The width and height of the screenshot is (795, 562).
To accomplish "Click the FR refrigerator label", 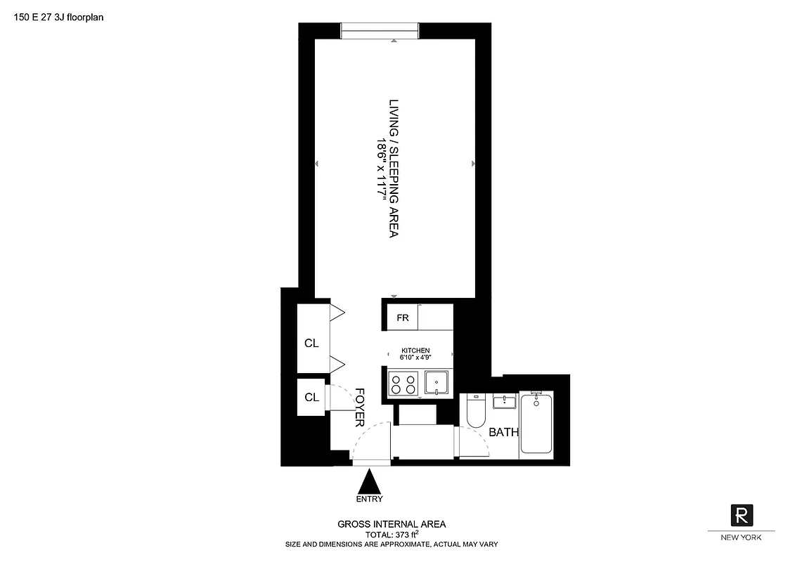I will (x=403, y=318).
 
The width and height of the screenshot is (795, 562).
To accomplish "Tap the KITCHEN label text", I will (x=415, y=350).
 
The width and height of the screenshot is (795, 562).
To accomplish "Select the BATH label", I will (x=503, y=432).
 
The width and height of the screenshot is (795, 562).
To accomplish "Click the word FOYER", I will (x=359, y=407).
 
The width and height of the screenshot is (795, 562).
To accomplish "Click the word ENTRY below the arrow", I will (x=370, y=499).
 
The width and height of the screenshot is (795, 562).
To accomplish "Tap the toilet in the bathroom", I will (x=475, y=410).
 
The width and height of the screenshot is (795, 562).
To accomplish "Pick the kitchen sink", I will (x=439, y=384).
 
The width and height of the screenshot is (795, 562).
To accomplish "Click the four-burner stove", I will (x=403, y=384).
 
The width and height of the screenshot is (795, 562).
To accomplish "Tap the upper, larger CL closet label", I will (x=311, y=344).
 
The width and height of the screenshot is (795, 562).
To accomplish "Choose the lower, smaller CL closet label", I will (x=311, y=397).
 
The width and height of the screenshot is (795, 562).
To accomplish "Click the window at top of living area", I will (x=380, y=30).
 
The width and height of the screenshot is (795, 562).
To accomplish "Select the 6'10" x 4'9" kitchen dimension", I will (x=415, y=358).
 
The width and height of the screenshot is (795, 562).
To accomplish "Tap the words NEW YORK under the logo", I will (x=742, y=537).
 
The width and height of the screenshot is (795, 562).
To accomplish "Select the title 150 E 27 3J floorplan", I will (x=59, y=18).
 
